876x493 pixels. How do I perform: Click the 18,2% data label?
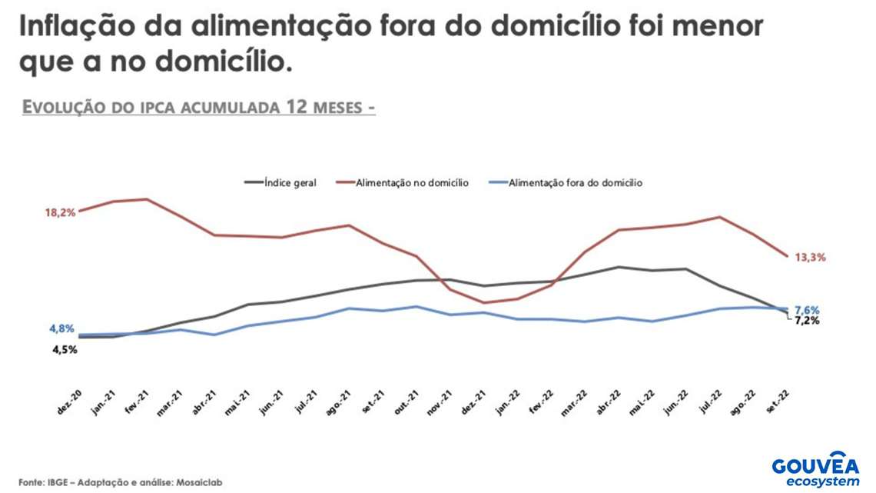[60, 212]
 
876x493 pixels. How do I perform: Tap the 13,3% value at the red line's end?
[810, 258]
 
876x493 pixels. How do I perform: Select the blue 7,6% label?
[807, 309]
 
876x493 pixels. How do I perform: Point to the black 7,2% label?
[807, 321]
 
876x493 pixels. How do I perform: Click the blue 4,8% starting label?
[61, 329]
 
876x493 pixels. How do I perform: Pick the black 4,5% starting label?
[65, 350]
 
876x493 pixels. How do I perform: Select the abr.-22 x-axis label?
[609, 405]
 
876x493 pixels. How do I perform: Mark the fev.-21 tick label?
[136, 405]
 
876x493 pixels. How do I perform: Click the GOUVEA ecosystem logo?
[816, 470]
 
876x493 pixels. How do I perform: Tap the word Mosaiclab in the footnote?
[199, 482]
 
